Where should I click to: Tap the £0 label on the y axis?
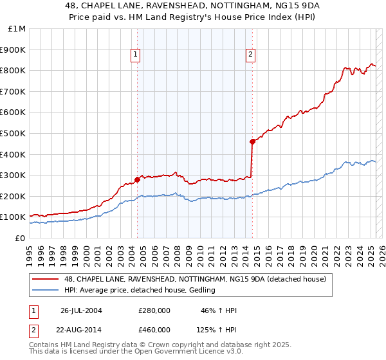tap(21, 238)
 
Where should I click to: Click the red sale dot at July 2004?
tap(138, 179)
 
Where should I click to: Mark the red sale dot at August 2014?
tap(252, 141)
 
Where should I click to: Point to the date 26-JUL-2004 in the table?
tap(82, 310)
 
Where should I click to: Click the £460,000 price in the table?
tap(154, 330)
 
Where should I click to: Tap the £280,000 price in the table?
tap(154, 310)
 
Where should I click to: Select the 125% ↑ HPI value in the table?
tap(217, 330)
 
